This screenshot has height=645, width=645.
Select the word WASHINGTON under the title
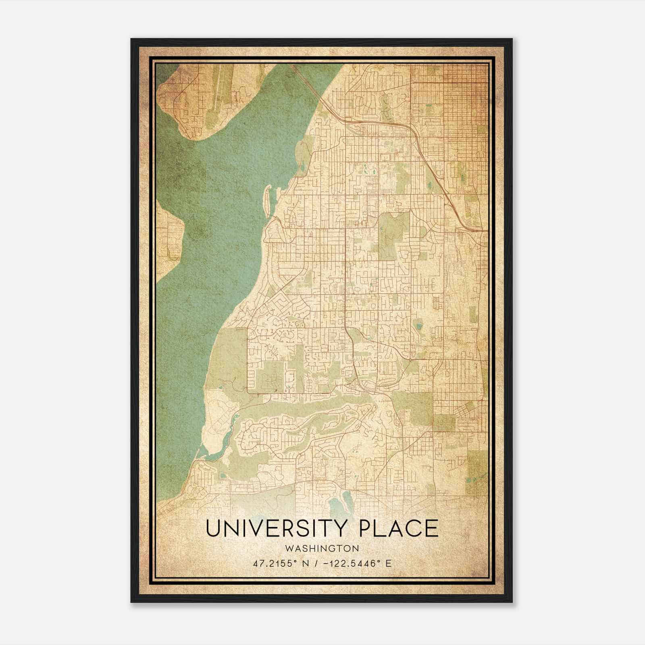322,548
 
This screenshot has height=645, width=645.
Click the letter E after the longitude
389,563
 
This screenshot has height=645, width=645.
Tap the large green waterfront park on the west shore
226,363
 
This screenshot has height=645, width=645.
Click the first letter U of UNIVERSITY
213,528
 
